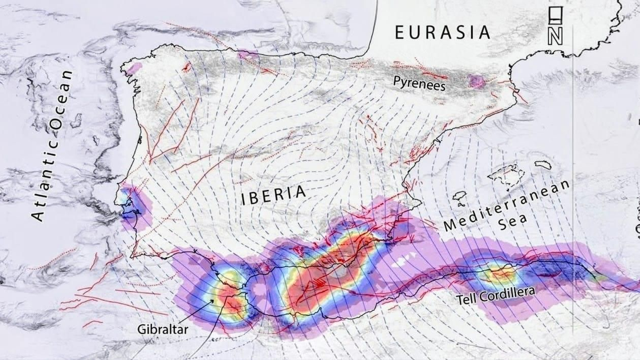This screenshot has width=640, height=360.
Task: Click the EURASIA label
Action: tap(442, 32)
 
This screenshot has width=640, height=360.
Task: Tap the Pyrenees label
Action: tap(419, 83)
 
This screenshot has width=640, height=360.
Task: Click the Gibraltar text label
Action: tap(163, 330)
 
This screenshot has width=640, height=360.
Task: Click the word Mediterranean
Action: tap(506, 206)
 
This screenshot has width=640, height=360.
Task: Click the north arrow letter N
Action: tap(555, 37)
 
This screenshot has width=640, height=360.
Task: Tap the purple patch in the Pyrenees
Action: tap(476, 81)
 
